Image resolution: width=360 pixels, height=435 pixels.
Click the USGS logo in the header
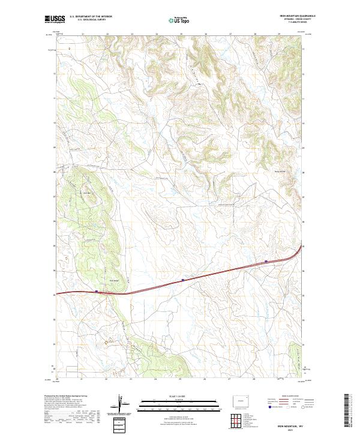pos(54,20)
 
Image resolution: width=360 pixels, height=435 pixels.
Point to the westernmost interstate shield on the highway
pos(96,292)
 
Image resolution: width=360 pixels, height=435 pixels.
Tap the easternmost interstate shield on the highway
pos(265,261)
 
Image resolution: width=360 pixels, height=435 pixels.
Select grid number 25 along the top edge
pos(181,34)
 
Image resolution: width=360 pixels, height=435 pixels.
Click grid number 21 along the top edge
pos(82,34)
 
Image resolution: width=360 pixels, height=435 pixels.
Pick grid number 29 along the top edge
pos(279,34)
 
